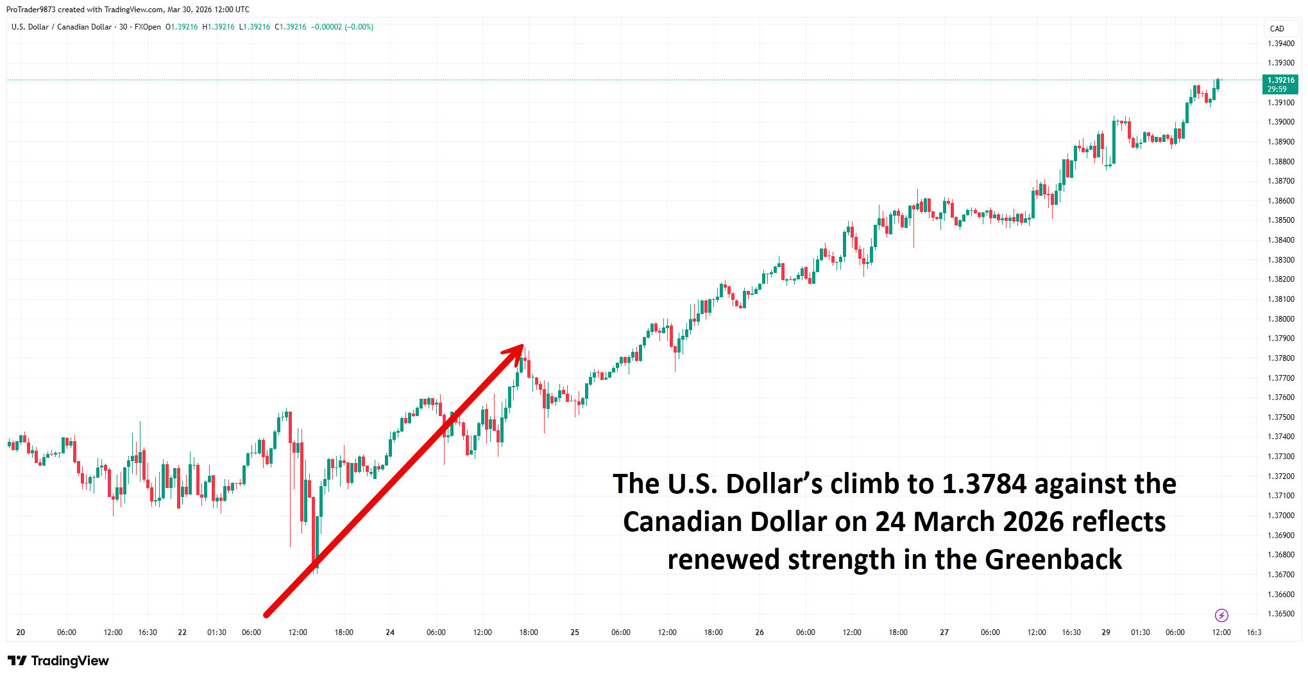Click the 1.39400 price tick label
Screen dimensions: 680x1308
click(1280, 44)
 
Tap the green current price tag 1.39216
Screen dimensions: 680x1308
click(1280, 81)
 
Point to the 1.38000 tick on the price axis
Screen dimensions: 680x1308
click(1280, 319)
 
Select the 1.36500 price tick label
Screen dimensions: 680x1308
click(1280, 614)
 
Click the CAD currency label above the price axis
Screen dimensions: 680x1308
click(1277, 29)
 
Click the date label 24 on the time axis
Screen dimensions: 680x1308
click(390, 632)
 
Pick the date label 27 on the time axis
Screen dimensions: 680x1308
click(944, 632)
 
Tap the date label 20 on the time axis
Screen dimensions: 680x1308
click(21, 632)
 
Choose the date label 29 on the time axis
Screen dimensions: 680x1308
click(1106, 632)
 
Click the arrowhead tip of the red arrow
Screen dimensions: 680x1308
click(522, 346)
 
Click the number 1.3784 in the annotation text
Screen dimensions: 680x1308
click(984, 484)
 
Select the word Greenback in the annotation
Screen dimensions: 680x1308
click(1053, 560)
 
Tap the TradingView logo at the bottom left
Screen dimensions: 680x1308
click(58, 661)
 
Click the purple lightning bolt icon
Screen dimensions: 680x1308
click(1221, 616)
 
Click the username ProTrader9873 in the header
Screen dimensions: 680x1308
click(31, 10)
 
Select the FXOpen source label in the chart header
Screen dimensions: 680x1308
click(148, 27)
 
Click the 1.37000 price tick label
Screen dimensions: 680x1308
click(1280, 516)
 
